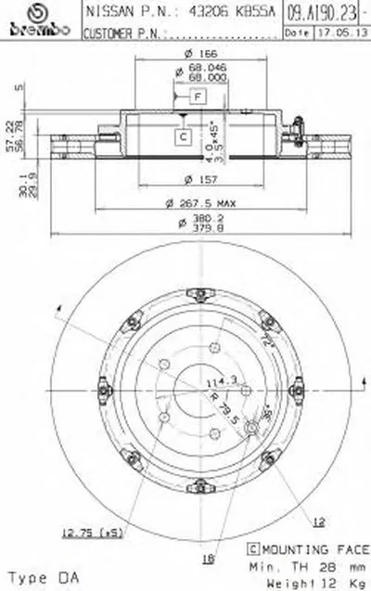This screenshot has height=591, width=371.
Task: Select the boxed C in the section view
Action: click(185, 136)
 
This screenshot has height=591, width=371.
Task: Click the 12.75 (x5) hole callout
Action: click(90, 532)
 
